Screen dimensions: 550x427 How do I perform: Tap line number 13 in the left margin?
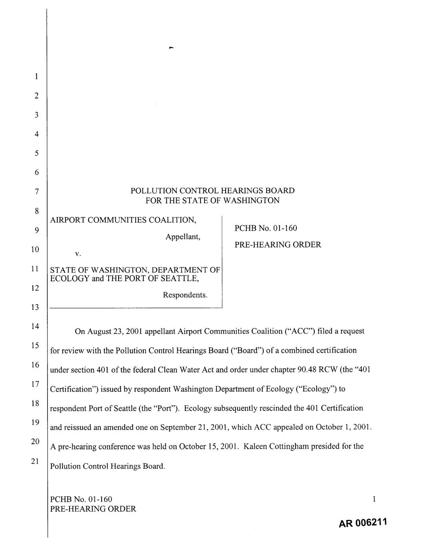point(35,307)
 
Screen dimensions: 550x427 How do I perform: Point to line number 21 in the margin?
point(35,461)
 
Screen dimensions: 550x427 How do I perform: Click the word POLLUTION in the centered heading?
point(154,191)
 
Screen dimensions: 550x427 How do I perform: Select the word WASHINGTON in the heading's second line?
point(251,201)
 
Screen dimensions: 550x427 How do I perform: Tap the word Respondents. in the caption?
point(185,295)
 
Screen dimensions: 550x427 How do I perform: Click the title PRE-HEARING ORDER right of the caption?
point(277,245)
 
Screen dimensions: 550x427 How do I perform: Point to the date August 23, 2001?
point(114,331)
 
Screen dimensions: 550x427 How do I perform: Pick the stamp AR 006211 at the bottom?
point(359,524)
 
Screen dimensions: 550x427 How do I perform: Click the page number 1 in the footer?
point(374,499)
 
